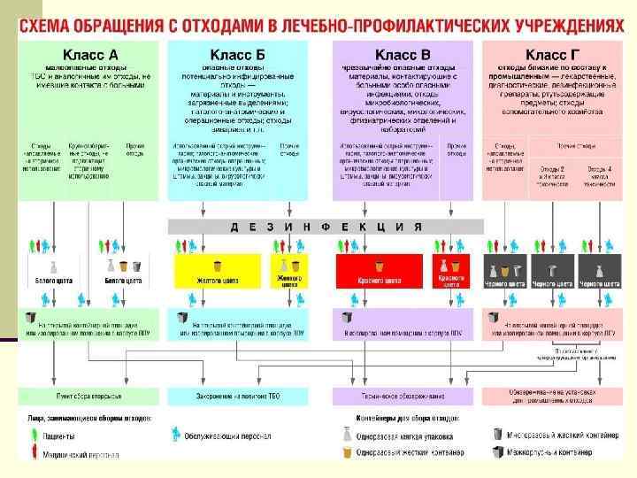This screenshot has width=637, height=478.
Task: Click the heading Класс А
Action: click(89, 55)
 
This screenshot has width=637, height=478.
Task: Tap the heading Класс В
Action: click(403, 55)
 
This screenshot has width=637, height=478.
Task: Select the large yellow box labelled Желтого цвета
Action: click(218, 271)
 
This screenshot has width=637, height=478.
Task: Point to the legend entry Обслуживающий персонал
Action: click(221, 436)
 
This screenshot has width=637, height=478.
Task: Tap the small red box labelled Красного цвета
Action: click(449, 271)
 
